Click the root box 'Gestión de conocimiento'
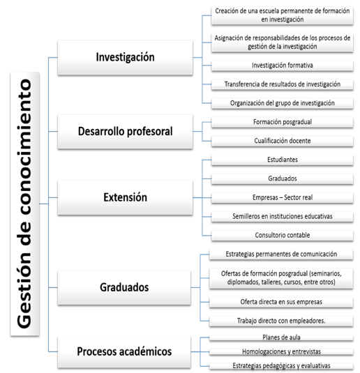click(x=24, y=204)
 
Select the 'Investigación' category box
click(x=126, y=58)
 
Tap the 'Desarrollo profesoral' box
click(x=126, y=132)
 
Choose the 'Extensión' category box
click(x=126, y=198)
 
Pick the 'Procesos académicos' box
click(x=124, y=352)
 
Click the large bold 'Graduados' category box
click(x=124, y=288)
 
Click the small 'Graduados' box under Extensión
click(x=283, y=178)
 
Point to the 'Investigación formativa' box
click(x=283, y=66)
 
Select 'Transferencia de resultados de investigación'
click(x=283, y=84)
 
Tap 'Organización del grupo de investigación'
click(x=283, y=103)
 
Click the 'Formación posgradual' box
click(x=283, y=122)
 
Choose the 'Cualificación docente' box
click(x=283, y=141)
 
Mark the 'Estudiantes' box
click(x=283, y=160)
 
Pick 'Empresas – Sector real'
click(x=283, y=198)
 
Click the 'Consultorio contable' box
click(x=283, y=235)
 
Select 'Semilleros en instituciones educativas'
click(x=283, y=216)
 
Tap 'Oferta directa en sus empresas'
click(x=281, y=302)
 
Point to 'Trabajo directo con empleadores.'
click(x=281, y=321)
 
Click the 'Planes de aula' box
click(x=281, y=337)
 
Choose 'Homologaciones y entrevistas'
click(x=281, y=351)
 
